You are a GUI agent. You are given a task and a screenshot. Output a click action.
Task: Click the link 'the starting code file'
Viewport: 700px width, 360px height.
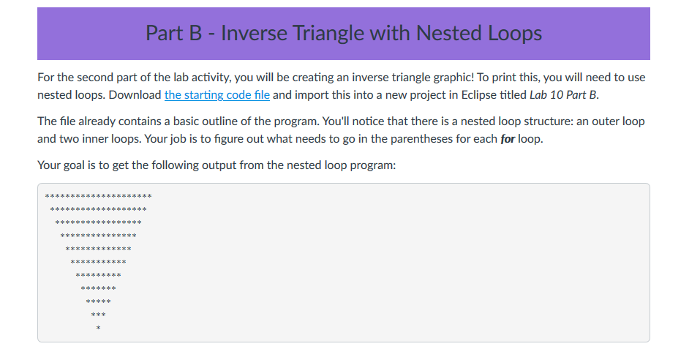217,95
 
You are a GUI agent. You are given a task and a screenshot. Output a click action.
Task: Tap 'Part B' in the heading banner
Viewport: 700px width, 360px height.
174,33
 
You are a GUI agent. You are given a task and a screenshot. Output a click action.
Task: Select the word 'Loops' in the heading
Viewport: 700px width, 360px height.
514,34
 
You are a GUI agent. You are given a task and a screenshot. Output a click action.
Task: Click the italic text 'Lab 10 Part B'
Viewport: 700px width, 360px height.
563,95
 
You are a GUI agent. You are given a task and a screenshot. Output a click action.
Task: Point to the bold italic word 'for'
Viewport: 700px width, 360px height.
508,139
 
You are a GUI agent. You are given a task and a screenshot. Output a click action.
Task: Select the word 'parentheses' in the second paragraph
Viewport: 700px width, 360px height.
421,139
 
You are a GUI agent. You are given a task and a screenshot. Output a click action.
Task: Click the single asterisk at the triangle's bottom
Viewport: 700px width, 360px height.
98,329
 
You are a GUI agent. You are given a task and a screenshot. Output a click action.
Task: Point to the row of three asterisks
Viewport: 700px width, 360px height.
98,315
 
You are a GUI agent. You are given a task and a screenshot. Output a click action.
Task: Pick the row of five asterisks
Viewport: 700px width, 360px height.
98,301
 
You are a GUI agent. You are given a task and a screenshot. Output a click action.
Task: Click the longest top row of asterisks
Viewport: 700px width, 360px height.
98,196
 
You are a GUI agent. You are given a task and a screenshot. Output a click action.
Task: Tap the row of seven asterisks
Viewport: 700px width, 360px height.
98,288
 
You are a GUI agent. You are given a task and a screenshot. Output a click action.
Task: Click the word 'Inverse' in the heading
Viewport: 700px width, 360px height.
254,33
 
